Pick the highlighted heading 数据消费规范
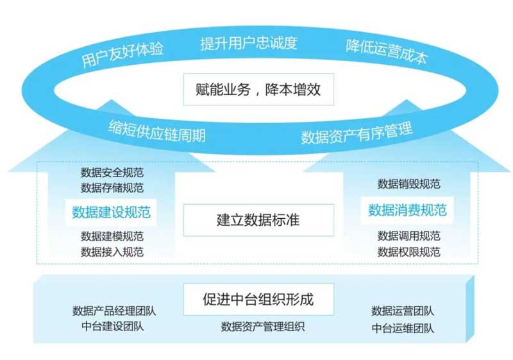point(408,210)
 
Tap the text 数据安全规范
point(112,173)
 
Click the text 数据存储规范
point(112,187)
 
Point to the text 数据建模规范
point(112,236)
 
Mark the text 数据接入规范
point(112,251)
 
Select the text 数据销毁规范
point(408,184)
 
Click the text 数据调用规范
point(408,236)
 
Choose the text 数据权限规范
point(408,251)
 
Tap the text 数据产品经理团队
point(114,311)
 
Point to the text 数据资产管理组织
point(263,327)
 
